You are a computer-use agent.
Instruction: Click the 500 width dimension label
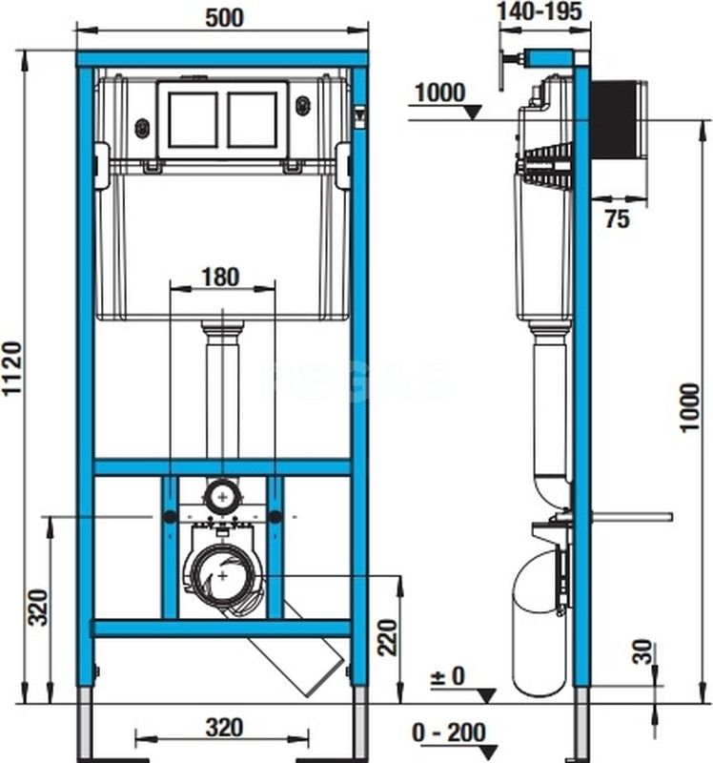[x=224, y=18]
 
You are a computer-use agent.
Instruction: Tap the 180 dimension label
[x=220, y=277]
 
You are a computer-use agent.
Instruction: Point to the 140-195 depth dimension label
[x=540, y=11]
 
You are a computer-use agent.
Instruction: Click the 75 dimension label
[x=617, y=218]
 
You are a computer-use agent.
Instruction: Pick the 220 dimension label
[x=388, y=637]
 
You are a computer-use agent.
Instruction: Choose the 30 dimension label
[x=642, y=651]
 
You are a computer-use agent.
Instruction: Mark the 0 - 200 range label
[x=448, y=732]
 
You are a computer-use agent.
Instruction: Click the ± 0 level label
[x=447, y=676]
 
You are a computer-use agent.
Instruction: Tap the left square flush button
[x=194, y=119]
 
